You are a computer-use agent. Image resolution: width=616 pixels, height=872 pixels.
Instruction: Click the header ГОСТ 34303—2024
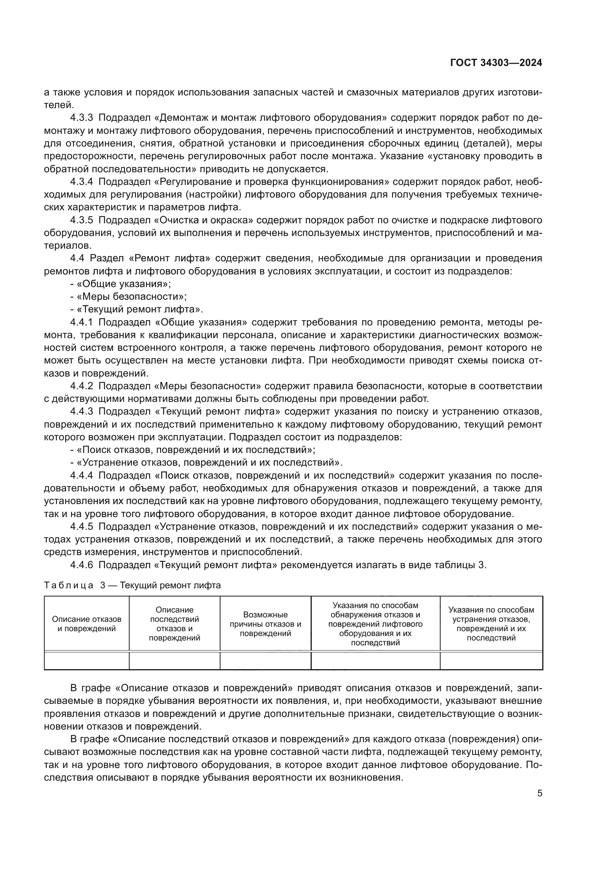[496, 63]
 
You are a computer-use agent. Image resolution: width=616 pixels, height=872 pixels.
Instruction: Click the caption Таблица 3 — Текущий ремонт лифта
[132, 585]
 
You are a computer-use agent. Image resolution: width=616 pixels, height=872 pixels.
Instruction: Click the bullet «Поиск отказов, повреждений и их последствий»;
[193, 450]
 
